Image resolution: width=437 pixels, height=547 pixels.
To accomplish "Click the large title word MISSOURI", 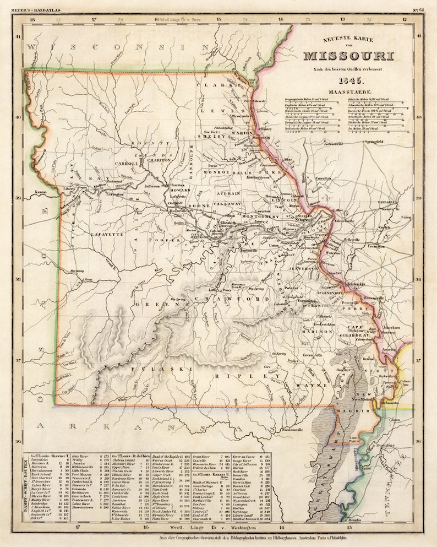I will click(348, 56).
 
